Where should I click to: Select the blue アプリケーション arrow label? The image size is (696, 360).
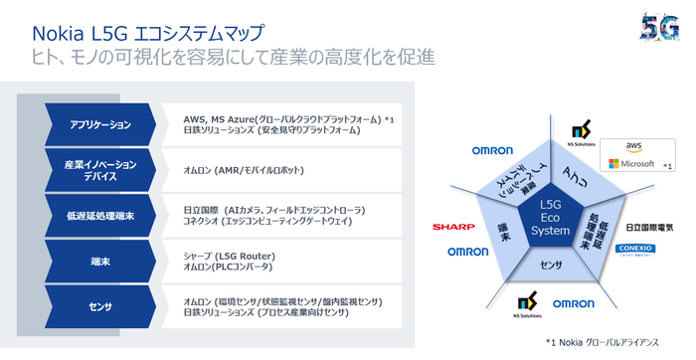(100, 123)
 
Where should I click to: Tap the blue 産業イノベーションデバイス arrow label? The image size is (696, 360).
(100, 169)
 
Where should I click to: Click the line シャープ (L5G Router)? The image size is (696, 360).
(230, 257)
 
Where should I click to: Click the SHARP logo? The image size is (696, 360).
(452, 228)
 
